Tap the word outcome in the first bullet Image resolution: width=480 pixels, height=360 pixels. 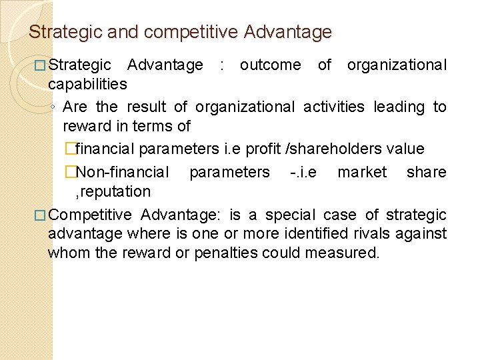pyautogui.click(x=270, y=65)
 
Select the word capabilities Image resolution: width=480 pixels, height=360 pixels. pyautogui.click(x=87, y=85)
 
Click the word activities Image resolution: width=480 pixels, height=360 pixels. pyautogui.click(x=334, y=107)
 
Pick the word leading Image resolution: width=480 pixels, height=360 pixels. pyautogui.click(x=399, y=107)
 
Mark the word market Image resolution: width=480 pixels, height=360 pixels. pyautogui.click(x=362, y=172)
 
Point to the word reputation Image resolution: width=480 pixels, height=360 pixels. pyautogui.click(x=113, y=192)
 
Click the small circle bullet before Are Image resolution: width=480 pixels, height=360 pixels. pyautogui.click(x=54, y=107)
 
